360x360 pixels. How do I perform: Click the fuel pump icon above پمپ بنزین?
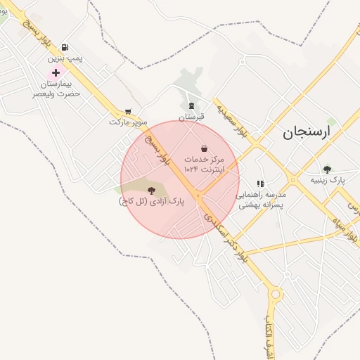click(x=65, y=47)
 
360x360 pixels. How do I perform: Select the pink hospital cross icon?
click(x=56, y=73)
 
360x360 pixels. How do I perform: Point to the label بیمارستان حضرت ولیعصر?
click(x=56, y=88)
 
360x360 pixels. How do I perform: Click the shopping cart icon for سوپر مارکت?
click(x=128, y=111)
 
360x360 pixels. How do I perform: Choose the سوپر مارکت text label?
click(x=128, y=122)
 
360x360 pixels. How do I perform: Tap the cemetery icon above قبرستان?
click(x=191, y=106)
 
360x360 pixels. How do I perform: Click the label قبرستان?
click(x=191, y=117)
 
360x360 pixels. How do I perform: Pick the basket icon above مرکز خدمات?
click(x=204, y=149)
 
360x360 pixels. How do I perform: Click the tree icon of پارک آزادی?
click(x=151, y=190)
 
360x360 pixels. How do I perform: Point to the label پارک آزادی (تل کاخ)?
click(x=151, y=201)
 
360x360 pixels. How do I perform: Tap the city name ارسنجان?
click(x=307, y=132)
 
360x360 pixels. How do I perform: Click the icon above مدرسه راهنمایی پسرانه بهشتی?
click(x=261, y=184)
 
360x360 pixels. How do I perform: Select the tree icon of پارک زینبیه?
click(x=327, y=169)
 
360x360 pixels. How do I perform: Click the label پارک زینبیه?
click(x=328, y=180)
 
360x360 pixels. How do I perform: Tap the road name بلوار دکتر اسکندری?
click(x=226, y=238)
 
